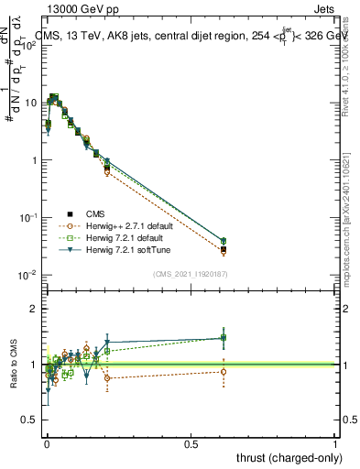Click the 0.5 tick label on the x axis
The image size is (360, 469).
coord(191,442)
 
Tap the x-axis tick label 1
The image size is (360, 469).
coord(335,442)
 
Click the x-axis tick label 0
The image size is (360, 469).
coord(47,442)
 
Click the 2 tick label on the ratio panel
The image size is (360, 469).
coord(35,309)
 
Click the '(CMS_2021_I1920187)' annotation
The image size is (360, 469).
coord(191,274)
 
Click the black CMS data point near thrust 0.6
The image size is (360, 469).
coord(224,249)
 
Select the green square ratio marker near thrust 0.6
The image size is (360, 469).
coord(224,338)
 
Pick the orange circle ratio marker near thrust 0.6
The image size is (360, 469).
coord(224,371)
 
